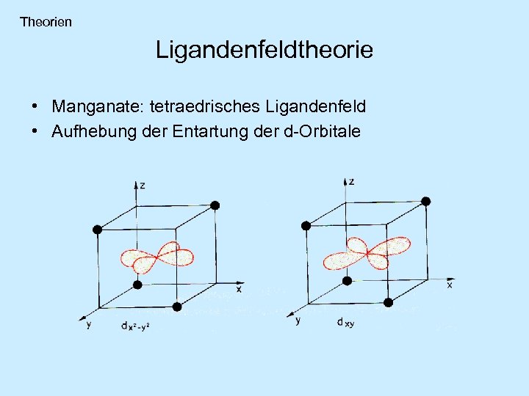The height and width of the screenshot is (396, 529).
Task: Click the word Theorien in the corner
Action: pos(46,22)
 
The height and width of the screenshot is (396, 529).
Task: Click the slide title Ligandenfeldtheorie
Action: pos(264,50)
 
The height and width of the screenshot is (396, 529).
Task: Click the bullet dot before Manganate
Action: pos(35,107)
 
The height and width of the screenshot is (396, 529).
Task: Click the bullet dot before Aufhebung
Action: pos(35,131)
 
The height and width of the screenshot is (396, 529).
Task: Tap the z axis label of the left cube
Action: pos(142,186)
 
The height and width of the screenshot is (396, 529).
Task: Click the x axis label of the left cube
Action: pos(238,289)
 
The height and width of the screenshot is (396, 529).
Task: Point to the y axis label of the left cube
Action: pos(89,324)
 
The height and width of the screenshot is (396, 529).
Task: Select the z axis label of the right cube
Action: pos(352,180)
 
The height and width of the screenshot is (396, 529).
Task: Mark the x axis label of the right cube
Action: pos(450,285)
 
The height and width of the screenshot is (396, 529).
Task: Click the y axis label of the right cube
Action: pos(298,320)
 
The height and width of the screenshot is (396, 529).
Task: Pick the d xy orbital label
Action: pos(345,322)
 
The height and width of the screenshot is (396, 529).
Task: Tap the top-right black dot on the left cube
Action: pos(215,205)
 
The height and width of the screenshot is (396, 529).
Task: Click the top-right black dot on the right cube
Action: pos(426,201)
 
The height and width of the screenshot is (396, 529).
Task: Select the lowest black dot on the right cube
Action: pos(388,301)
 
